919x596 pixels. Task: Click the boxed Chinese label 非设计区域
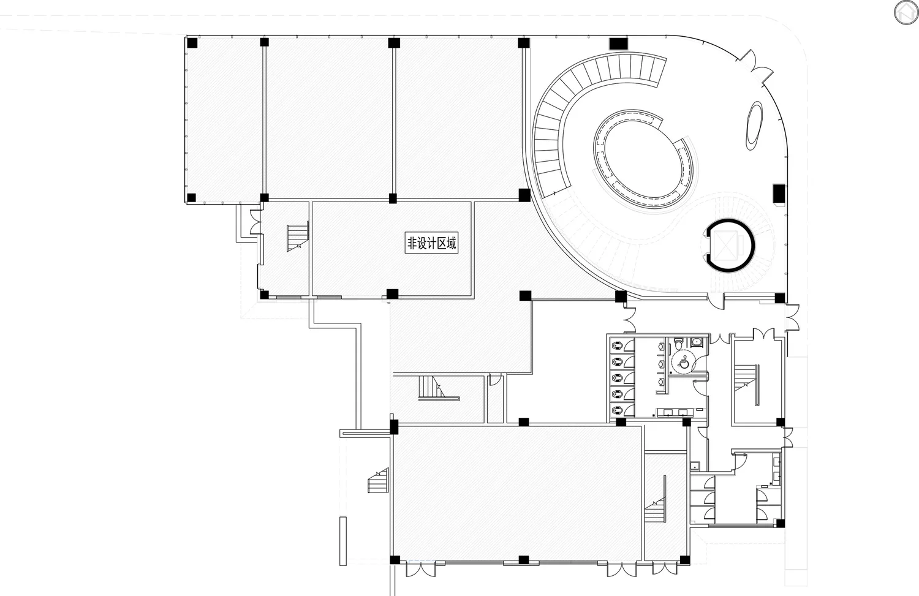tap(431, 243)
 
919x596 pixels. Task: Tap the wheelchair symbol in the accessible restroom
tap(683, 362)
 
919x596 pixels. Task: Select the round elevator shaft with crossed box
tap(729, 246)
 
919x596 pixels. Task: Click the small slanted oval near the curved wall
tap(754, 126)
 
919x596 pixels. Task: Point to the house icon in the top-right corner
tap(906, 13)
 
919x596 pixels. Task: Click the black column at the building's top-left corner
tap(192, 43)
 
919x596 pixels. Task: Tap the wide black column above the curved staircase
tap(618, 43)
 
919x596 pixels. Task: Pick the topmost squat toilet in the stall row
tap(617, 346)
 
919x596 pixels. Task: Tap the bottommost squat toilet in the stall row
tap(617, 410)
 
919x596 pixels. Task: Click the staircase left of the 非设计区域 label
tap(297, 237)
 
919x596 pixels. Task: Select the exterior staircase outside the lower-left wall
tap(378, 481)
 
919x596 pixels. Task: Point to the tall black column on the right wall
tap(779, 193)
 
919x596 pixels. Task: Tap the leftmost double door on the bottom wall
tap(420, 570)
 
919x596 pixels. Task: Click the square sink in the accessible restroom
tap(696, 341)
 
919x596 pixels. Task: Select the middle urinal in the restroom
tap(661, 363)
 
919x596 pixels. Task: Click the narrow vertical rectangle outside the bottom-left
tap(343, 541)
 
